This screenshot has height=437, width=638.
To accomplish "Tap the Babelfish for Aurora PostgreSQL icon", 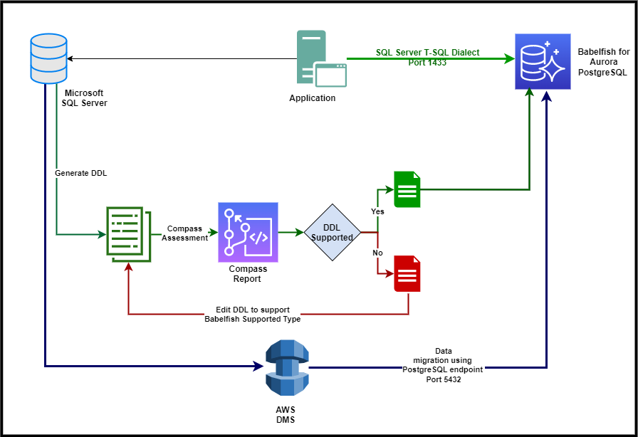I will (543, 61).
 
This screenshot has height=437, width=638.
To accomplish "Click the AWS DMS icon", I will (287, 367).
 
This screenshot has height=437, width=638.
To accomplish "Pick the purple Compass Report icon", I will (248, 232).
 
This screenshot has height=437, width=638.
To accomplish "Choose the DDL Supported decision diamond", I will (333, 233).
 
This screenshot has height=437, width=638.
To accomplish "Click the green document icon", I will (407, 189).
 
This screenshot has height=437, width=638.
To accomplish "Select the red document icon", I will (407, 273).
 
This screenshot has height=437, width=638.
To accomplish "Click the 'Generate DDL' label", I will (80, 173).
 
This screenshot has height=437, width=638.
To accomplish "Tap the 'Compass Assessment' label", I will (184, 233).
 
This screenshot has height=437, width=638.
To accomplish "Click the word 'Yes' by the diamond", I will (377, 211).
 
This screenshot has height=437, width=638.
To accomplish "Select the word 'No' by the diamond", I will (377, 253).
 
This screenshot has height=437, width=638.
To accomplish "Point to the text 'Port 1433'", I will (428, 62).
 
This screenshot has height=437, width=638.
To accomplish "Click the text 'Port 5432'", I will (443, 379).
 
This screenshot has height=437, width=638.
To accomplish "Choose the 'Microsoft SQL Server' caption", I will (84, 98).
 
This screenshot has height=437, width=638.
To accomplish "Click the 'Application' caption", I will (312, 98).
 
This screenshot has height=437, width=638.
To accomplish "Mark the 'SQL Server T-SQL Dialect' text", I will (427, 53).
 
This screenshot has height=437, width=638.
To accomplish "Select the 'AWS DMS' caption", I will (287, 416).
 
